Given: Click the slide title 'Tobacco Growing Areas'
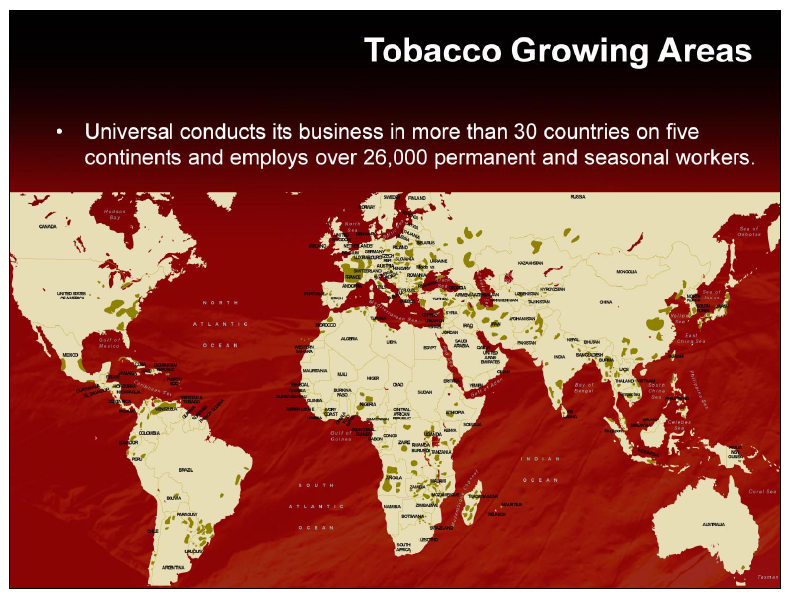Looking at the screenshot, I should point(557,52).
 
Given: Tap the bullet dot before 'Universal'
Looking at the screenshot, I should point(61,131).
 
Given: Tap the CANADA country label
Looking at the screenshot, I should point(47,227).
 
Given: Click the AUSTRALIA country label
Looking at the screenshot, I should point(713,524).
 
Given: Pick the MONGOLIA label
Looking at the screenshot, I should point(626,271).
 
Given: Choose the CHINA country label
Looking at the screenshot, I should point(606,302).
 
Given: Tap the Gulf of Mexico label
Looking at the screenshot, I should point(109,343).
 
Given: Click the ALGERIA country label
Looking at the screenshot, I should point(349,338).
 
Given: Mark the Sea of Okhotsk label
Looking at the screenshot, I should point(749,231).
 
